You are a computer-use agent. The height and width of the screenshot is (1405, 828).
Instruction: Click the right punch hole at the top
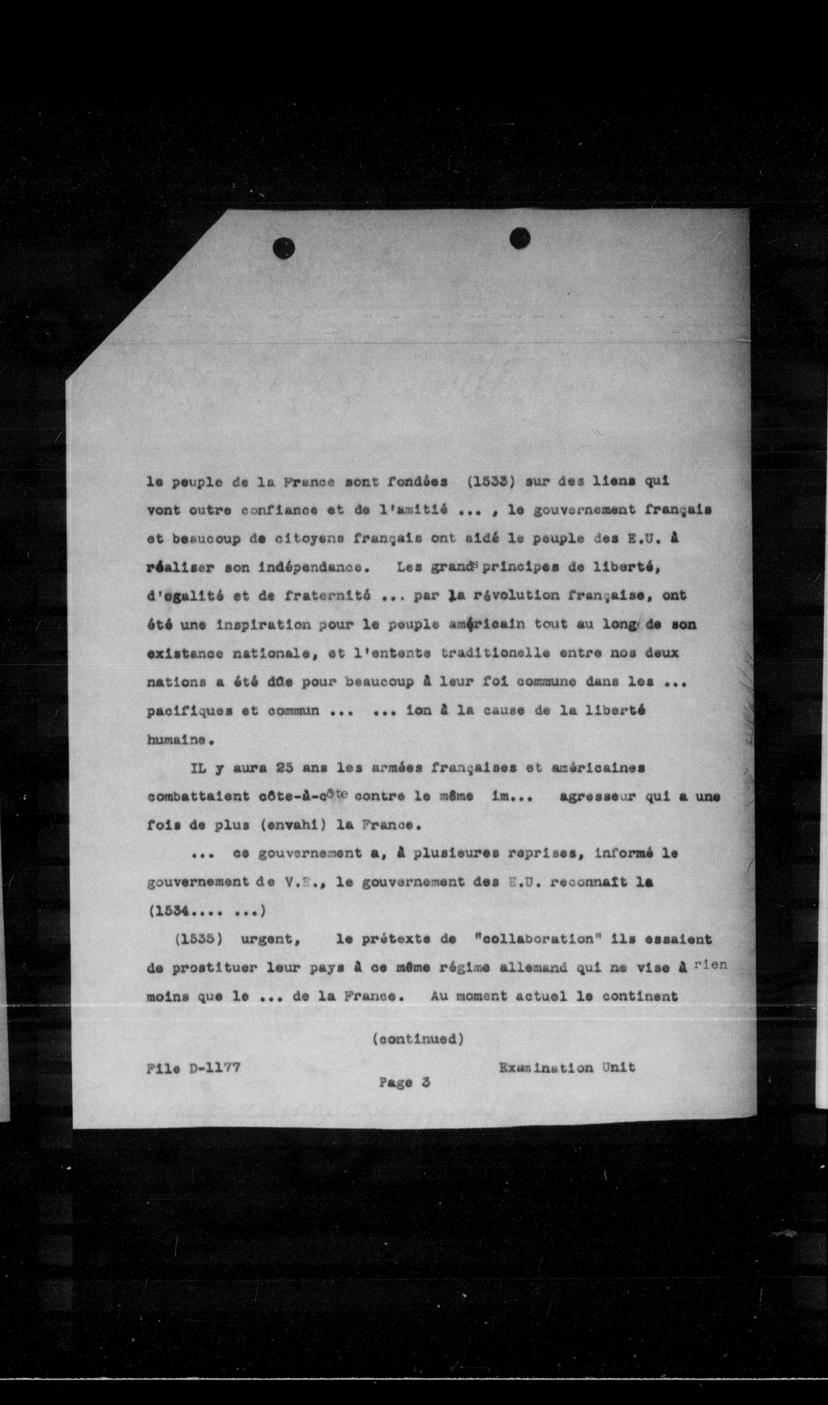[520, 239]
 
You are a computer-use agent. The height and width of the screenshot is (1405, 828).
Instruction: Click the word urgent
[270, 938]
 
